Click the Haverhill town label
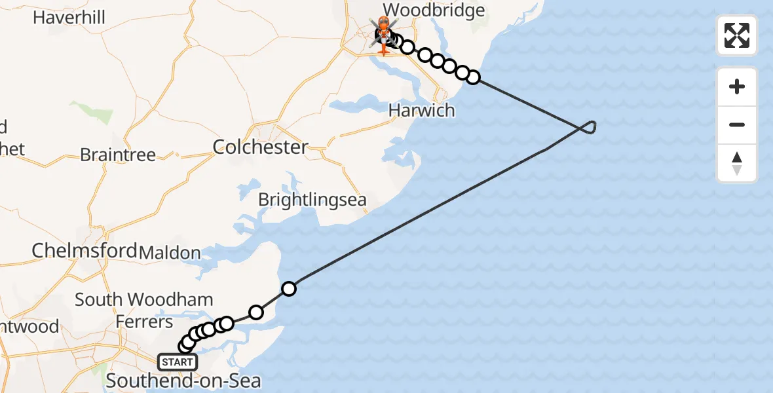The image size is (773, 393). [x=69, y=17]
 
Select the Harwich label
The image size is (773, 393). [x=421, y=110]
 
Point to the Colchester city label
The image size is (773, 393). [x=260, y=147]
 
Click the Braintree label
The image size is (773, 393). [x=118, y=155]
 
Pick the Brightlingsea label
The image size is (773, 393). [x=312, y=200]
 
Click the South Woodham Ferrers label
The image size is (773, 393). [x=143, y=310]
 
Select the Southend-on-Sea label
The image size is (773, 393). [x=183, y=381]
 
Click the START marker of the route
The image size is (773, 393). [x=177, y=362]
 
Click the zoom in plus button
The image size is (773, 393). [x=737, y=86]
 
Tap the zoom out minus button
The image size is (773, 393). [x=737, y=124]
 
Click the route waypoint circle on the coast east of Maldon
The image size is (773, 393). [x=288, y=288]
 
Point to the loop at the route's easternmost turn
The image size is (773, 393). [x=589, y=127]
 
